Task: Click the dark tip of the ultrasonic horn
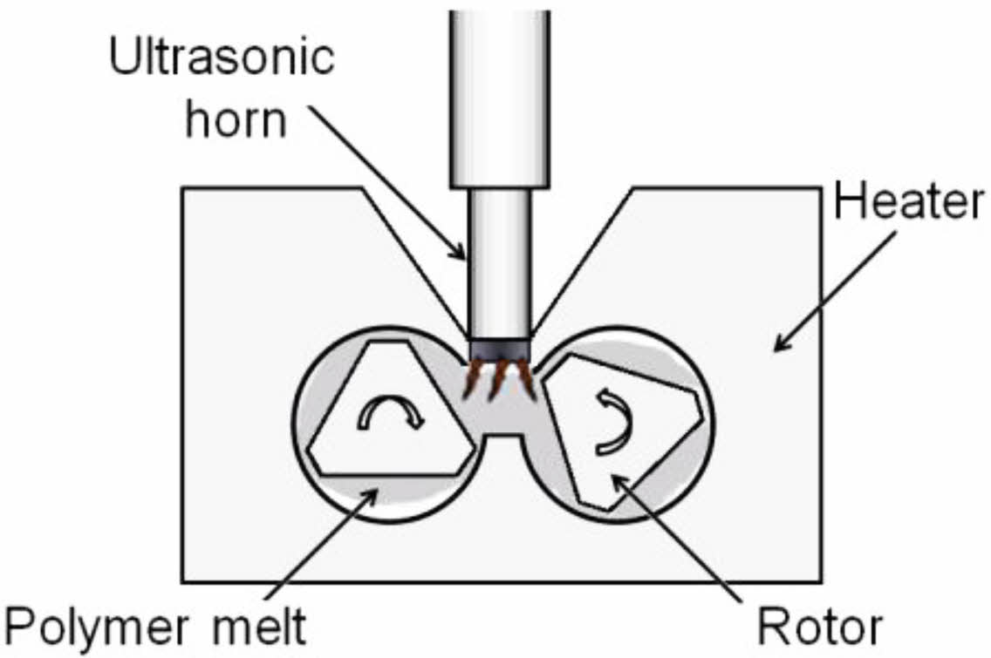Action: click(499, 350)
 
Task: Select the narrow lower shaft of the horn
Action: click(499, 261)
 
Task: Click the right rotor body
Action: click(624, 427)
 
